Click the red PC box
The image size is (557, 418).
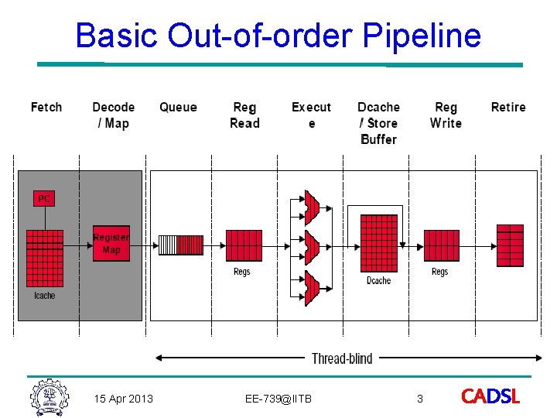pyautogui.click(x=43, y=198)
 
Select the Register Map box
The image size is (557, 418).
pyautogui.click(x=111, y=243)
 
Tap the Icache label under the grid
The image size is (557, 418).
pyautogui.click(x=45, y=296)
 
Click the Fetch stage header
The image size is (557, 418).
pyautogui.click(x=46, y=107)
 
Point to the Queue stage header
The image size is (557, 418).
pyautogui.click(x=178, y=107)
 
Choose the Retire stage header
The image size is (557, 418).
pyautogui.click(x=508, y=107)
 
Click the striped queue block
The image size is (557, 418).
pyautogui.click(x=180, y=245)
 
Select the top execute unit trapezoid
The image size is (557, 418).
pyautogui.click(x=312, y=203)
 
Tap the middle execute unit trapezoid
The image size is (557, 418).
pyautogui.click(x=312, y=245)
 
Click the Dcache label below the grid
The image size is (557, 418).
pyautogui.click(x=379, y=280)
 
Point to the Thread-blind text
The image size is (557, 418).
pyautogui.click(x=342, y=358)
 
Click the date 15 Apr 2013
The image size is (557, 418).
pyautogui.click(x=123, y=399)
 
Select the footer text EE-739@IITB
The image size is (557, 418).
pyautogui.click(x=278, y=399)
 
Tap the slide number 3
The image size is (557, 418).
pyautogui.click(x=420, y=399)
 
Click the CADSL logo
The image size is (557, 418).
pyautogui.click(x=490, y=397)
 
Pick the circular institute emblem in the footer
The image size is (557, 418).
pyautogui.click(x=50, y=397)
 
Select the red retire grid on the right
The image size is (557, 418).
pyautogui.click(x=510, y=245)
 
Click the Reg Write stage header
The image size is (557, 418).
pyautogui.click(x=446, y=115)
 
